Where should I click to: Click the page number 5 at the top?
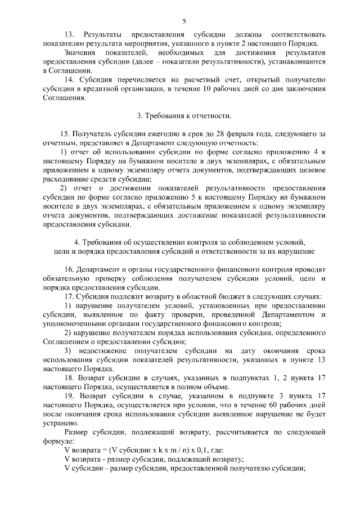pos(184,21)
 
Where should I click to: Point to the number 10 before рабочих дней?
pos(208,88)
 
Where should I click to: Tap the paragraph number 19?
pos(70,396)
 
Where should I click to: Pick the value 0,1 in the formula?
pos(186,451)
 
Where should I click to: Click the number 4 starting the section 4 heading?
pos(76,242)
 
